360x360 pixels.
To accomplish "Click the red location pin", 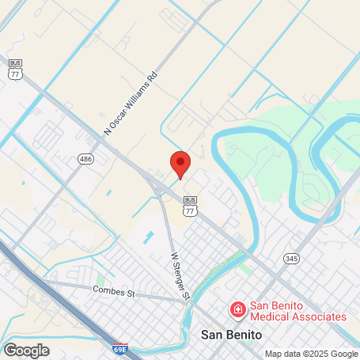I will (x=180, y=163).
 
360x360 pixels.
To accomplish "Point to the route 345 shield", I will (x=292, y=259).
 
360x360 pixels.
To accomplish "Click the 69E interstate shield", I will (x=119, y=349).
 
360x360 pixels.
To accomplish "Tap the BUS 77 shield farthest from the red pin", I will (x=15, y=70).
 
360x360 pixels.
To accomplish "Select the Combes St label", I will (x=114, y=291).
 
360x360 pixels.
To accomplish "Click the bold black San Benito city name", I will (x=232, y=335).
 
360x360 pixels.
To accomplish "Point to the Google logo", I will (x=26, y=350).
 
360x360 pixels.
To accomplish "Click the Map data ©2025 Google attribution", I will (x=311, y=354).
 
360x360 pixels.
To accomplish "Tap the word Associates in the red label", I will (x=319, y=316).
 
